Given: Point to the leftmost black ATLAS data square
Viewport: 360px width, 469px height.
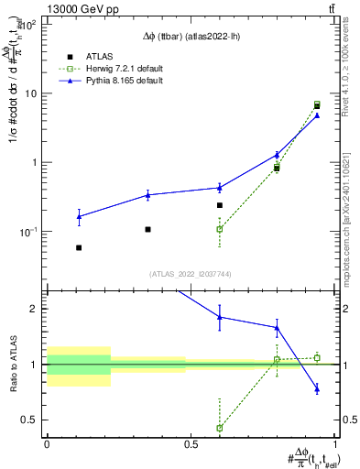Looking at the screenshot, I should tap(79, 247).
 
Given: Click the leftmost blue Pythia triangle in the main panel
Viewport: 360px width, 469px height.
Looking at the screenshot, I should tap(79, 217).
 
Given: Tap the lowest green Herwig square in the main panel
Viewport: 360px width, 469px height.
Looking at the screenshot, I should tap(219, 229).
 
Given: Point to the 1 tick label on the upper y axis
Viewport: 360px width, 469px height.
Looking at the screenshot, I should tap(36, 162).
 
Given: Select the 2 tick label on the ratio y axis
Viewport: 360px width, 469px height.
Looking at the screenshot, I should tap(35, 309).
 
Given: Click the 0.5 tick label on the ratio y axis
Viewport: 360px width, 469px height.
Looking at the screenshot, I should tap(29, 420).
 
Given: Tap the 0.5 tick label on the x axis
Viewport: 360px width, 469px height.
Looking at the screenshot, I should tap(191, 445).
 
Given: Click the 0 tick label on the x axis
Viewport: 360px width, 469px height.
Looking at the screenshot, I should tap(47, 445).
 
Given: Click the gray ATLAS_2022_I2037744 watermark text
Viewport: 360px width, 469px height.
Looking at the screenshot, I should tap(190, 274).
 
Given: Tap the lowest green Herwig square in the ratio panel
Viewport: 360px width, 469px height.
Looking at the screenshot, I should tap(219, 428).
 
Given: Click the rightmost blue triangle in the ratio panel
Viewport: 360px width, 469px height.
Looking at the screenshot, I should tap(317, 389).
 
